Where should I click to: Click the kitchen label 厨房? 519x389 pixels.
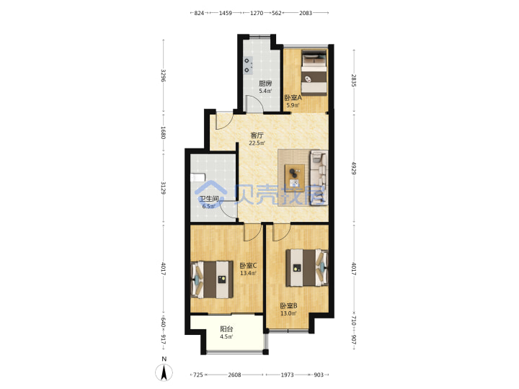coord(265,84)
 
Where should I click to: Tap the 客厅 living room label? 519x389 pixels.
coord(257,135)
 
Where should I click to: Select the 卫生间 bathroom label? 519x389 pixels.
coord(208,199)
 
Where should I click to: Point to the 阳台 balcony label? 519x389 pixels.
coord(227,329)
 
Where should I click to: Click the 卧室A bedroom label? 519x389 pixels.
coord(293,98)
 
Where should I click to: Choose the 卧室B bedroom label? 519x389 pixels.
coord(288,305)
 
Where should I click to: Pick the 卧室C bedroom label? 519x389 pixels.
coord(248,265)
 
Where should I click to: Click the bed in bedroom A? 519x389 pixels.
coord(314,73)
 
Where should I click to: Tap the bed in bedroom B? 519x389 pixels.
coord(307,267)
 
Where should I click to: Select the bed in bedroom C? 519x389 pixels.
coord(212,280)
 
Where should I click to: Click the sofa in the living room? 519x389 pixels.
coord(319,177)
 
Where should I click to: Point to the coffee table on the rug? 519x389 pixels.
coord(295,176)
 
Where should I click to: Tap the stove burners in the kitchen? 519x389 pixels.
coord(248,65)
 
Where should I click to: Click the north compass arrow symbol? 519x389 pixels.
coord(164,372)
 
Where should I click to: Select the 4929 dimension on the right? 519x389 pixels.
coord(354,168)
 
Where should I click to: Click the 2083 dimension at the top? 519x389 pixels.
coord(306,13)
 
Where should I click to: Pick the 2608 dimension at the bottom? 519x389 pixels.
coord(234,375)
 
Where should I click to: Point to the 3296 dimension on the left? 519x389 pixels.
coord(163,76)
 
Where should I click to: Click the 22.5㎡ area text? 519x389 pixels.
coord(257,143)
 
